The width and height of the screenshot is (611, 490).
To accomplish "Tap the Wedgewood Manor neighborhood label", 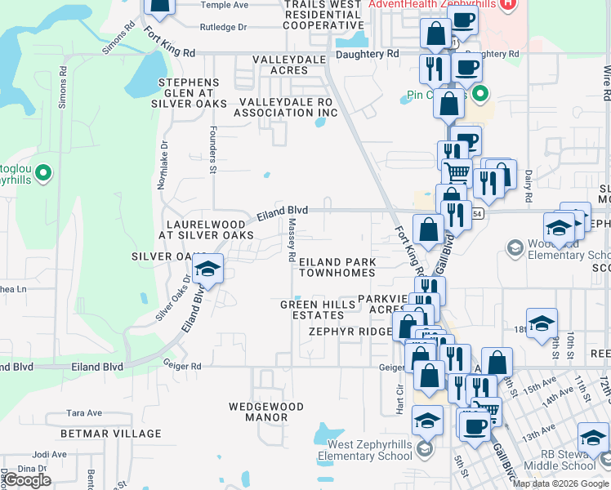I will [x=265, y=412].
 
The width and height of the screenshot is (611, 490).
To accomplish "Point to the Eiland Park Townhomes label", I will [x=337, y=268].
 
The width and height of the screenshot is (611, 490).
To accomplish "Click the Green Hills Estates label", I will [x=318, y=310].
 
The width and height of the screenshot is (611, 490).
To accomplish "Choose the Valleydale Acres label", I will [x=292, y=65].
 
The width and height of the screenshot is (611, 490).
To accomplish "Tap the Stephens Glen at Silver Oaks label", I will [x=189, y=93].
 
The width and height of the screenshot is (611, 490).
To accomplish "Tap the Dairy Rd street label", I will [x=528, y=186].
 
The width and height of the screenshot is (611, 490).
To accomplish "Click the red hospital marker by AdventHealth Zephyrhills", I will [x=509, y=4].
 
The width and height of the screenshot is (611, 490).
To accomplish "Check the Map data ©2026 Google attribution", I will [x=560, y=483].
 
